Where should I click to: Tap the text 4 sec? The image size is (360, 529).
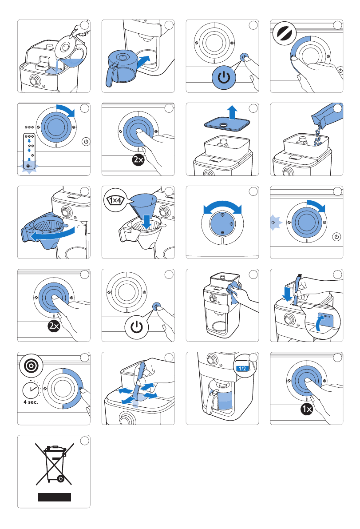click(x=31, y=402)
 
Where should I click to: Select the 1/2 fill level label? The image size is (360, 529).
click(x=242, y=368)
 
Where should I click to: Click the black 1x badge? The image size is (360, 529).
click(x=307, y=409)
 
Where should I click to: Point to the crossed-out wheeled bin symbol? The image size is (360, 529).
click(x=54, y=464)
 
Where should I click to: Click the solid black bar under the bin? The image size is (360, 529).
click(x=54, y=497)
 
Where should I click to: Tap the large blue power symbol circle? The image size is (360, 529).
click(x=224, y=78)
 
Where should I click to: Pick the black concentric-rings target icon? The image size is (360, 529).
click(x=31, y=366)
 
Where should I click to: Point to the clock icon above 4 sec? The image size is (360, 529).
click(x=32, y=390)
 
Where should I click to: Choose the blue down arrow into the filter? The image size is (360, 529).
click(x=147, y=221)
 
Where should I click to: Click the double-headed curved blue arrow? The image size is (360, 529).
click(x=222, y=206)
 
